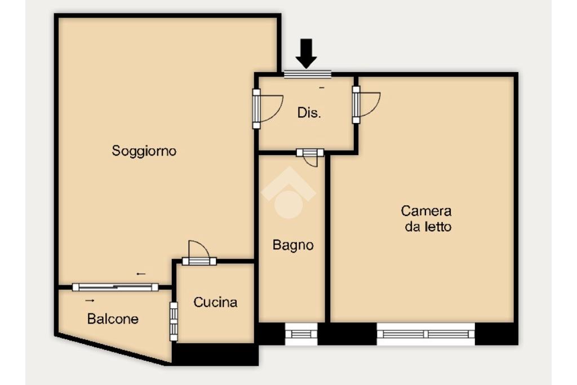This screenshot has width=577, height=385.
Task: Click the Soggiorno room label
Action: (144, 151)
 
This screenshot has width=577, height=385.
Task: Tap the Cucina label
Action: (215, 302)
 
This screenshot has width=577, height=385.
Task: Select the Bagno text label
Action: (293, 245)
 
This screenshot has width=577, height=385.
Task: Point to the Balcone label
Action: (113, 318)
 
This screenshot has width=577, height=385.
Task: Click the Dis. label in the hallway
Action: (309, 113)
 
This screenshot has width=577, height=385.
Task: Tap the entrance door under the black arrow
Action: (308, 74)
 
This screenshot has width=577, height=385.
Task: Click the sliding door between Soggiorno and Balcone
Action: (115, 287)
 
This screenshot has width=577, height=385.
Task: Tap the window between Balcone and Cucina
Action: (174, 321)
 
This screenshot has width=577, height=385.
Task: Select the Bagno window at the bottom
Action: (301, 334)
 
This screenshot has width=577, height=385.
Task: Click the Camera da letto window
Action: (426, 334)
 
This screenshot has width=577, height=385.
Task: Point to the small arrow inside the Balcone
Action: (90, 300)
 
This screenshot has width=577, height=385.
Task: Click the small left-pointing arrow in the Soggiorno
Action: (141, 274)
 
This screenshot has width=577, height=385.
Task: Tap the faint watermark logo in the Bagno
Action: (288, 193)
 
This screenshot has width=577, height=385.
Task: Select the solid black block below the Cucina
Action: (215, 355)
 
